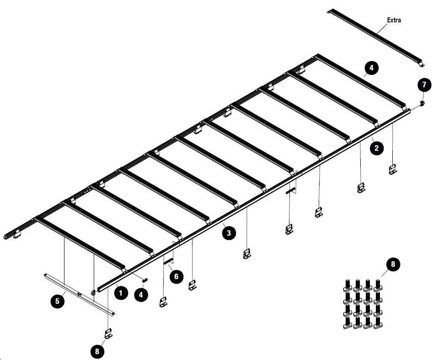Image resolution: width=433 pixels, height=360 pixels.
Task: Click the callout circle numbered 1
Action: tap(120, 293)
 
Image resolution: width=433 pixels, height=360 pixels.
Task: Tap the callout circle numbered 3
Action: tap(229, 233)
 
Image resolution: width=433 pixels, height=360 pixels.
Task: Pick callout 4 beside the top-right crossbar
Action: tap(371, 68)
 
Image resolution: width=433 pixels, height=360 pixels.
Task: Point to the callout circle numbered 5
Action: tap(57, 301)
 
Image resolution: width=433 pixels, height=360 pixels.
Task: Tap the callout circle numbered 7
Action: tap(424, 85)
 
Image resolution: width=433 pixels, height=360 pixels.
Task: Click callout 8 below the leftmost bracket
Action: tap(97, 351)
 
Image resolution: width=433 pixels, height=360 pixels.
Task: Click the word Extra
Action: tap(394, 20)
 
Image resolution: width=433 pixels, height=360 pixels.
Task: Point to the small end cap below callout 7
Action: tap(422, 103)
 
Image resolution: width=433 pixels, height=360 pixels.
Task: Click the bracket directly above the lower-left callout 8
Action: tap(109, 333)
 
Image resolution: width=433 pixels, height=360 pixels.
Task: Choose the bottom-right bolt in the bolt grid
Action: tap(378, 323)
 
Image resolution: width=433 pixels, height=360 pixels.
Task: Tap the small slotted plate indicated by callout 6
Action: tap(169, 262)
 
